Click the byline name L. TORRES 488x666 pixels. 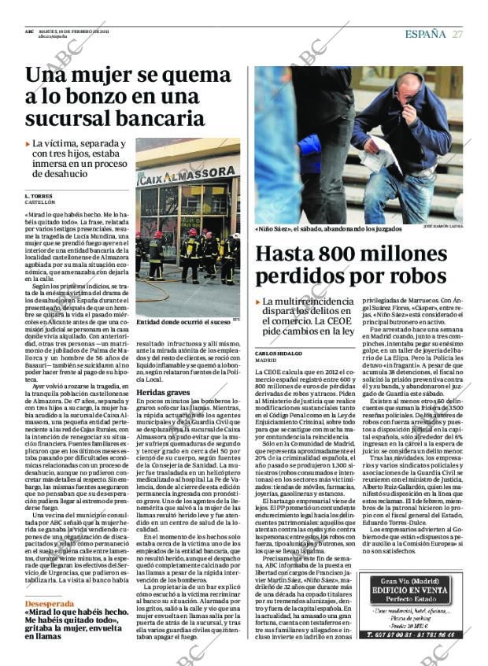[x=38, y=195]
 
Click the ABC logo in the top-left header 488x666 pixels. [x=29, y=31]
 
